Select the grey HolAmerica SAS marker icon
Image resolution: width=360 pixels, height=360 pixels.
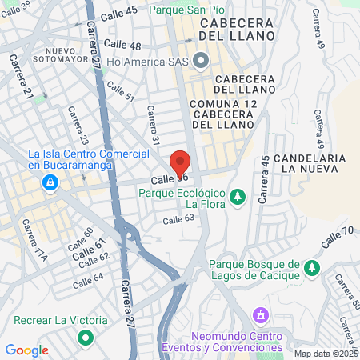200,59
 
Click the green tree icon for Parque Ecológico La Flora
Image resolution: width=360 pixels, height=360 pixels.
237,196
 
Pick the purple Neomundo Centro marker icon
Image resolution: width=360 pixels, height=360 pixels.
258,314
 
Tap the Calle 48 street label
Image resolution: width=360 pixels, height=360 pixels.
122,45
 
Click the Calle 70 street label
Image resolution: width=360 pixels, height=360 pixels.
337,237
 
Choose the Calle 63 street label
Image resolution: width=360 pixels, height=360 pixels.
178,218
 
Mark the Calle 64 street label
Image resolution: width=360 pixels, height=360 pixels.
88,281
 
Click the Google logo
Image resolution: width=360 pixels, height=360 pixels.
26,350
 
